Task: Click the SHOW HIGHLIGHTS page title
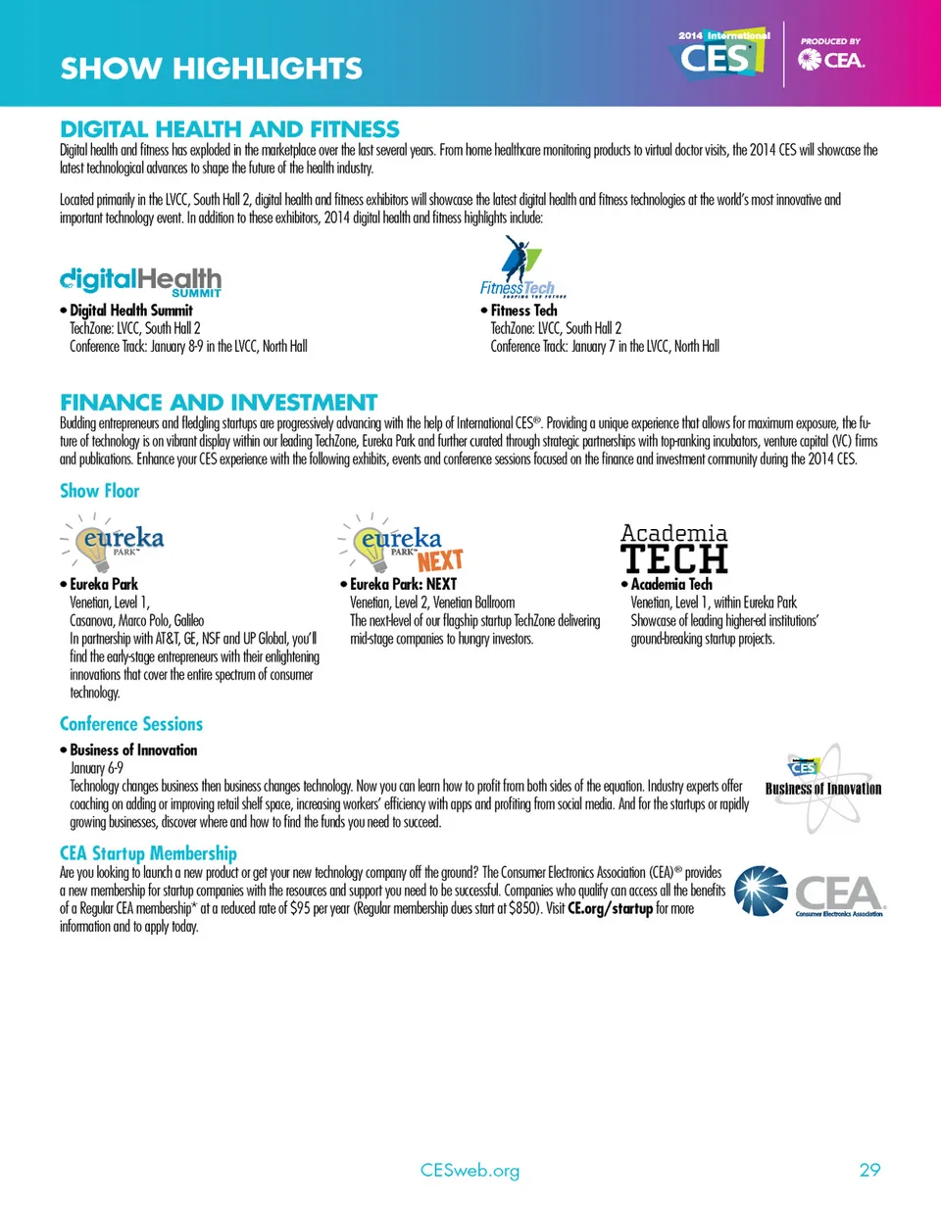(x=211, y=69)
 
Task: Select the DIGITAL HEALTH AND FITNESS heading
(x=229, y=128)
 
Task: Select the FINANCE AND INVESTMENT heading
(x=219, y=402)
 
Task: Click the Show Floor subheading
(x=100, y=490)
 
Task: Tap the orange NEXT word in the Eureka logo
(x=439, y=560)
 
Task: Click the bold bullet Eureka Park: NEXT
(x=403, y=585)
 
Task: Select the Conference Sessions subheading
(x=131, y=724)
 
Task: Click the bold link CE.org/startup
(x=611, y=911)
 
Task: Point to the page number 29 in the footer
(x=868, y=1170)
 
